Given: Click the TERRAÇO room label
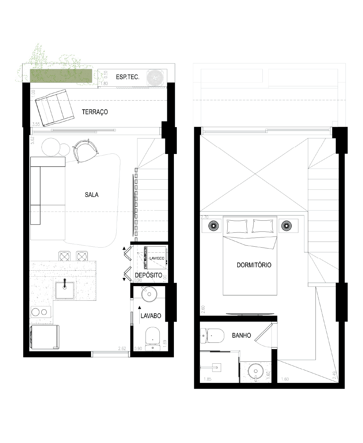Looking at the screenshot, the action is click(x=95, y=112).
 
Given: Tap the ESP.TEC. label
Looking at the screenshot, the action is click(x=128, y=77).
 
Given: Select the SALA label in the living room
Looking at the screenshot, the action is click(x=92, y=195).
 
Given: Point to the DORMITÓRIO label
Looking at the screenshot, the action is click(x=254, y=265).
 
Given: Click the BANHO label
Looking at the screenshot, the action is click(x=241, y=335).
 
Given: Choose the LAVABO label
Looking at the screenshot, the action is click(x=151, y=316).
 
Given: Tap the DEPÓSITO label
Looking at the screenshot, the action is click(x=148, y=275).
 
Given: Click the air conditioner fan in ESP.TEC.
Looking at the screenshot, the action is click(x=155, y=78).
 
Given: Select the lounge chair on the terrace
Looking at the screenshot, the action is click(x=54, y=108).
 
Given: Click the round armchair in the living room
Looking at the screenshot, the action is click(x=85, y=151).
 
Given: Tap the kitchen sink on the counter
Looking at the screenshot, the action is click(x=65, y=290).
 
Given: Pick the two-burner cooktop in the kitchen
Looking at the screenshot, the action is click(x=41, y=312).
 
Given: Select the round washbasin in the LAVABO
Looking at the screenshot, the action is click(x=149, y=294).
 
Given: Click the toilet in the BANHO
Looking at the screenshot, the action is click(x=212, y=336).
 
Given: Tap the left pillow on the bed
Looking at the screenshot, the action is click(x=237, y=226).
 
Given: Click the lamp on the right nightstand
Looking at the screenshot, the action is click(x=286, y=225).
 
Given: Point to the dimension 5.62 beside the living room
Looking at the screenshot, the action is click(x=32, y=140).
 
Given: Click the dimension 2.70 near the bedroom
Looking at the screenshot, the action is click(x=205, y=217).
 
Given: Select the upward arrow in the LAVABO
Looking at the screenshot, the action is click(x=139, y=315).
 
